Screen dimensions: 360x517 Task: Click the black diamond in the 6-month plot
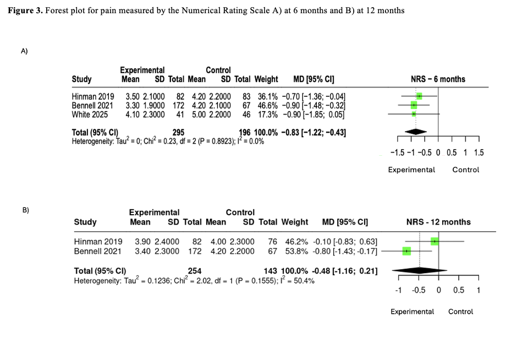[416, 131]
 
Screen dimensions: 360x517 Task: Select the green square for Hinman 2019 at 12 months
[435, 241]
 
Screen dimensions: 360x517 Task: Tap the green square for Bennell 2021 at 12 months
[406, 251]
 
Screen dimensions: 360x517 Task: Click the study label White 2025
[90, 114]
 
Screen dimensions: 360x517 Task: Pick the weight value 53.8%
[295, 251]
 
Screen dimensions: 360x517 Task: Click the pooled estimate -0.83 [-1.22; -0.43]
[313, 132]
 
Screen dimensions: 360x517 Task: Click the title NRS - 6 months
[438, 79]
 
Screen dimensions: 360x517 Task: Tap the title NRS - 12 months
[438, 222]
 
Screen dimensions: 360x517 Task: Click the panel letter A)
[24, 51]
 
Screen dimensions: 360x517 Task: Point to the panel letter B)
[25, 210]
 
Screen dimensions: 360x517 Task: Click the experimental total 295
[178, 132]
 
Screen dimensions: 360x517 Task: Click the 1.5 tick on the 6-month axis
[479, 153]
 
